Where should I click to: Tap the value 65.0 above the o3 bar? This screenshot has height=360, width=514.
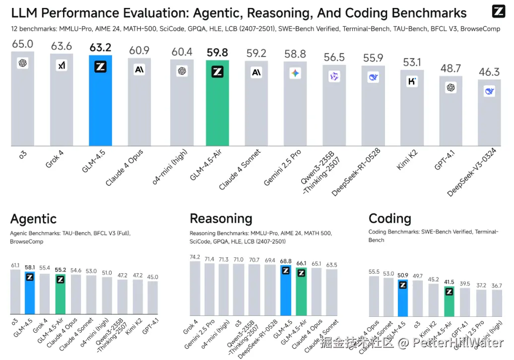coord(23,45)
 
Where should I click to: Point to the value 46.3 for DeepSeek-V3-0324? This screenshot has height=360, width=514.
coord(489,72)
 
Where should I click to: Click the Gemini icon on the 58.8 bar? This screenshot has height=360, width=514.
coord(295,73)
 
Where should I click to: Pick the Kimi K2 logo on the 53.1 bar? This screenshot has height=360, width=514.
coord(412,82)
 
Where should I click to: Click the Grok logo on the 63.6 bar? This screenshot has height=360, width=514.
coord(62,65)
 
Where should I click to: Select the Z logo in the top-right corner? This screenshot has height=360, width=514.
coord(498,11)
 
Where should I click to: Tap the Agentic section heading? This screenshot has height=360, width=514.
coord(33,219)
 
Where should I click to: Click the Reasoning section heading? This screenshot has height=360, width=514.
coord(221,219)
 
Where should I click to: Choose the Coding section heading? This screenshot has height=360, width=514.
coord(390,219)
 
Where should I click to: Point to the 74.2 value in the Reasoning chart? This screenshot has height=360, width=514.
coord(195,257)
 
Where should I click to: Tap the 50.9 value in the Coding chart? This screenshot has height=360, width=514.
coord(402,275)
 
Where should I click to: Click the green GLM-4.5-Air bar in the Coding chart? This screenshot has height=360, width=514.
coord(449,302)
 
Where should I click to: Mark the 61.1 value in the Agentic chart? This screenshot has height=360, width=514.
coord(15,266)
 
